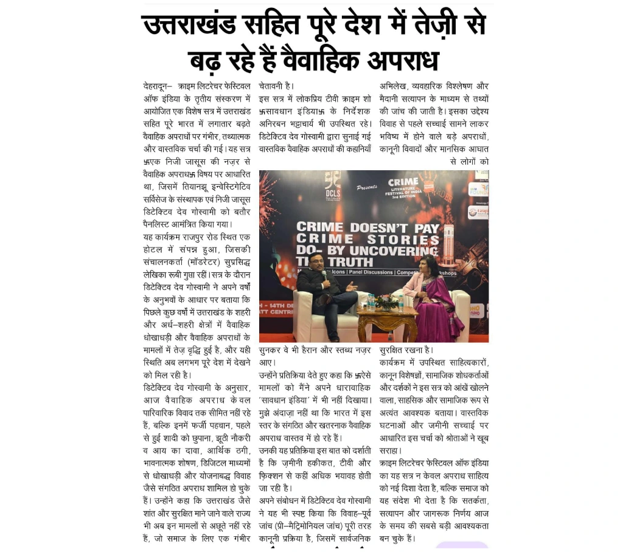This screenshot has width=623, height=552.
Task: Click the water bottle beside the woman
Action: click(401, 302)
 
